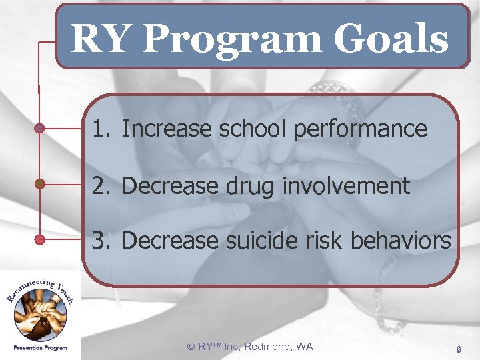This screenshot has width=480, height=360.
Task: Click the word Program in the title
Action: (232, 39)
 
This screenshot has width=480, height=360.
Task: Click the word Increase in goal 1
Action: (161, 129)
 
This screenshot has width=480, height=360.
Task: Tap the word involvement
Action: (345, 186)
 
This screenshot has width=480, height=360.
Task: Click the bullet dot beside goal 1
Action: (39, 128)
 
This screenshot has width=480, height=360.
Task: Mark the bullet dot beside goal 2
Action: (39, 183)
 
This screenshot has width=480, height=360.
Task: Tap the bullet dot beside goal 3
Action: (39, 239)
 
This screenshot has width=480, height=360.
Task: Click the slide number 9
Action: (459, 349)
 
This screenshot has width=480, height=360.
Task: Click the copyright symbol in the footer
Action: (191, 346)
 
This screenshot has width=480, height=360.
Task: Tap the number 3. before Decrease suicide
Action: (101, 240)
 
